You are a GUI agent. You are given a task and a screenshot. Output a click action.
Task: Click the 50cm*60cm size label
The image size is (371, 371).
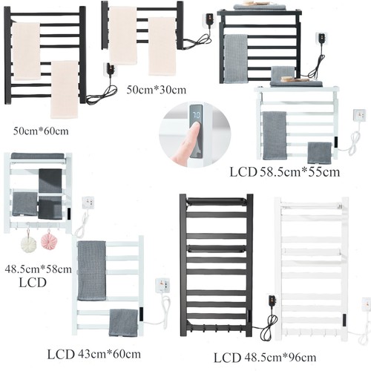click(41, 131)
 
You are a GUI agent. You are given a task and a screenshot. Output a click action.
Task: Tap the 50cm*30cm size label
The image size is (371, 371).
click(157, 90)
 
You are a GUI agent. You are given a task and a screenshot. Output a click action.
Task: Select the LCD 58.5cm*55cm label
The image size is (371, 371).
click(285, 172)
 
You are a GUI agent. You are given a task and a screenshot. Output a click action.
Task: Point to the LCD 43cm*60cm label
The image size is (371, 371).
click(94, 354)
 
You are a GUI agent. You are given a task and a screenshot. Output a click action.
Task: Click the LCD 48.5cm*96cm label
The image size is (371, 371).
click(265, 358)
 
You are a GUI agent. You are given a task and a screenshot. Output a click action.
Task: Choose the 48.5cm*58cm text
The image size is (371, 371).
click(38, 269)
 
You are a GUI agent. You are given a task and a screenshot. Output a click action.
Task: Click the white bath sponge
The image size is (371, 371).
click(28, 244)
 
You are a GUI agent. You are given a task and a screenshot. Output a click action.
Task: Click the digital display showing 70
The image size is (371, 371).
click(197, 115)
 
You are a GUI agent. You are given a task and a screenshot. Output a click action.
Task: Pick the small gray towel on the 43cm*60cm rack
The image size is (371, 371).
click(123, 323)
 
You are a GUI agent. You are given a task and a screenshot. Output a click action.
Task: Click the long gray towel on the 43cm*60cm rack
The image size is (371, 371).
click(91, 271)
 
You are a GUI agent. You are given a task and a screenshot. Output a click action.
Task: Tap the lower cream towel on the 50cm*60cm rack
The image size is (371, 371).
click(65, 89)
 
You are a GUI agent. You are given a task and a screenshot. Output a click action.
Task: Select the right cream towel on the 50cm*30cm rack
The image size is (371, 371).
click(162, 46)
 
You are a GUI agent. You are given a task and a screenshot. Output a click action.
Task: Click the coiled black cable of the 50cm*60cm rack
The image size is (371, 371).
click(102, 95)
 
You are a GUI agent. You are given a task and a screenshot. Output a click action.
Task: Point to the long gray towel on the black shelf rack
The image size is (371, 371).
click(236, 59)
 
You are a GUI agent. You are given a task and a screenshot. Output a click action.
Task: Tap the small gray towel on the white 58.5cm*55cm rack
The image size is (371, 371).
click(320, 153)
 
